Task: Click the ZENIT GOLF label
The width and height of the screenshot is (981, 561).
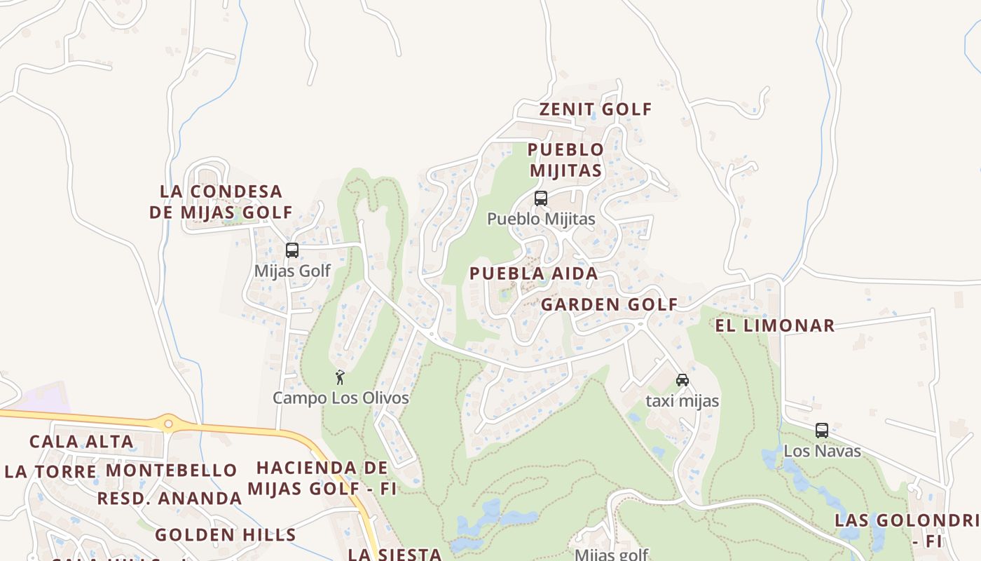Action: coord(596,109)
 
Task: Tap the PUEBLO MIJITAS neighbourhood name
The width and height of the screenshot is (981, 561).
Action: coord(565,160)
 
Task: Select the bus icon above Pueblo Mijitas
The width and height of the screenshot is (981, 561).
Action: coord(540,198)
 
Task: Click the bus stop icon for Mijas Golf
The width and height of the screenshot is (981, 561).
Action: coord(292,250)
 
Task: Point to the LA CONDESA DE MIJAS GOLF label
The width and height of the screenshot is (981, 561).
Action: coord(221,201)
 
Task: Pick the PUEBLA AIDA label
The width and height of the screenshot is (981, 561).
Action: coord(534,273)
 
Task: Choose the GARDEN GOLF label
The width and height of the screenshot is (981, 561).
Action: coord(609,304)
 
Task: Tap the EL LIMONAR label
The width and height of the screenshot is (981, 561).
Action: coord(774,325)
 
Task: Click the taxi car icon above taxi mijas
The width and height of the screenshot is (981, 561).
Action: coord(682,380)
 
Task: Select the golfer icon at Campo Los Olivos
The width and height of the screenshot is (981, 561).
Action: coord(340,377)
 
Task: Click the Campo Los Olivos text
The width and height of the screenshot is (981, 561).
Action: coord(341,398)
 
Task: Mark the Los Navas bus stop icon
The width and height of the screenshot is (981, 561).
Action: coord(821,430)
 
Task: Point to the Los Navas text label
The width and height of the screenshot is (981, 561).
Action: coord(822,451)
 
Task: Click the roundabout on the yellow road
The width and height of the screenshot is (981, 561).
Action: coord(168,423)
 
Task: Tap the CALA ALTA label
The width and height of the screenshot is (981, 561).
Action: coord(81,442)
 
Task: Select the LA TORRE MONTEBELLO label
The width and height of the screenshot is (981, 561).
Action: coord(121,471)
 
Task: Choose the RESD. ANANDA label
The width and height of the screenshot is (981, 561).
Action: coord(170,499)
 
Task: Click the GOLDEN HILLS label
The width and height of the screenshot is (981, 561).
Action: coord(226,535)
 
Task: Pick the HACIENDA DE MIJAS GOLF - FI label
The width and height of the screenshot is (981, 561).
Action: coord(322,478)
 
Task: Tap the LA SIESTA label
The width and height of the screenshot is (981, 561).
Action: coord(395,554)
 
